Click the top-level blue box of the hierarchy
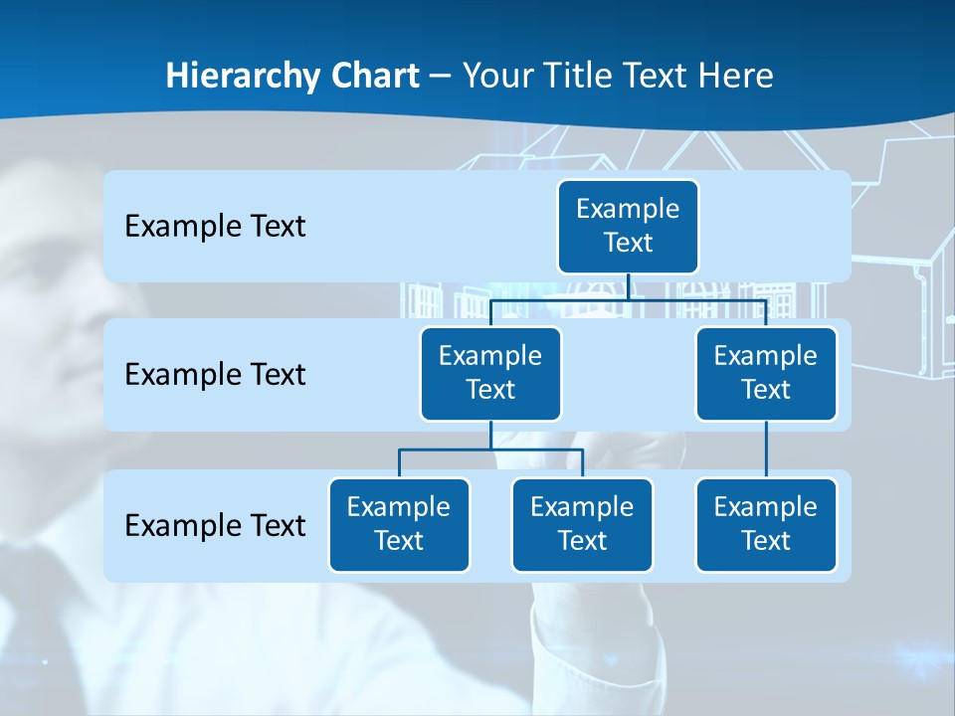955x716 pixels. (x=628, y=227)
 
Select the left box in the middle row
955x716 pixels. (x=490, y=373)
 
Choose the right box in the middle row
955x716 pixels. (x=766, y=373)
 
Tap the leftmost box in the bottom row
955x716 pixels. (x=399, y=524)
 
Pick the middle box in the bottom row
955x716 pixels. (x=582, y=524)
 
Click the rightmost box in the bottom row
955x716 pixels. (x=766, y=524)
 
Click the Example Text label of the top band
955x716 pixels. (x=215, y=227)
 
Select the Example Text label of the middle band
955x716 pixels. (x=215, y=375)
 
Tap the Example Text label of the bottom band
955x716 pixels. (x=215, y=525)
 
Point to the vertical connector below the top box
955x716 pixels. (x=628, y=286)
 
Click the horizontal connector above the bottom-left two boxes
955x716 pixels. (x=490, y=449)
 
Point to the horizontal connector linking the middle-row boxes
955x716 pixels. (x=628, y=298)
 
